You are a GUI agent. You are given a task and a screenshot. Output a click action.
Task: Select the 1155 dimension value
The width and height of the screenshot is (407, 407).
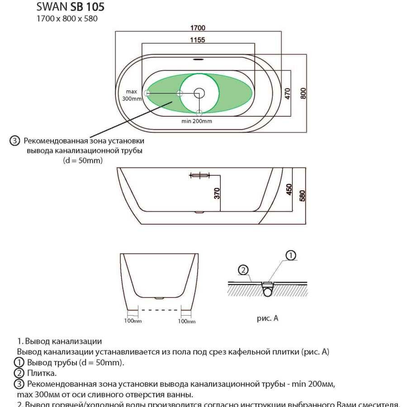(x=197, y=40)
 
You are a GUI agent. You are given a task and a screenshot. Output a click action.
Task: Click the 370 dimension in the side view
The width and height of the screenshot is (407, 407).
(x=217, y=193)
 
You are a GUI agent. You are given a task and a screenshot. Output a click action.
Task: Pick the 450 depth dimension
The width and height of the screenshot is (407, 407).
(x=289, y=189)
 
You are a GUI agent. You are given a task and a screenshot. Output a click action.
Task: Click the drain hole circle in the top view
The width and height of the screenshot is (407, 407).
(x=199, y=93)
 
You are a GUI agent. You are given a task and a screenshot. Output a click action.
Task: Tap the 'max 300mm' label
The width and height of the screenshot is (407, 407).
(x=132, y=95)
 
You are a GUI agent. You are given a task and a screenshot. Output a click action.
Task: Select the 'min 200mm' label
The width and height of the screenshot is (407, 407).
(x=197, y=121)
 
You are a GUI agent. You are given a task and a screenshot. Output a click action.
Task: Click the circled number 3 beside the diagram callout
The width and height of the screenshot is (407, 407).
(x=14, y=141)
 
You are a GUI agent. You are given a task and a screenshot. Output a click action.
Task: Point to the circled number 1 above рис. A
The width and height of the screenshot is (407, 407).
(x=291, y=256)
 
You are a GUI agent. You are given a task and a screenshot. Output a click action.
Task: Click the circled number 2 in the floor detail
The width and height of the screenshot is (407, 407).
(x=243, y=270)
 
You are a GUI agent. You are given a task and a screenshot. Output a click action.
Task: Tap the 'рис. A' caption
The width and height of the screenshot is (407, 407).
(x=268, y=318)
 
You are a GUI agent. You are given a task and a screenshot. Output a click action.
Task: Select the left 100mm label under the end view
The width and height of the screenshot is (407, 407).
(x=133, y=321)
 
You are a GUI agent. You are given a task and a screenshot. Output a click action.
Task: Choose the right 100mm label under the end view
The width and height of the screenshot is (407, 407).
(x=187, y=321)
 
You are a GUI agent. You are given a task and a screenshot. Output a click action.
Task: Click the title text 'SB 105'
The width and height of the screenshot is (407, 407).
(x=87, y=7)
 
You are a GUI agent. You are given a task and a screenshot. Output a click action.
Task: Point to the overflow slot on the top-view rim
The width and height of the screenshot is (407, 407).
(x=199, y=58)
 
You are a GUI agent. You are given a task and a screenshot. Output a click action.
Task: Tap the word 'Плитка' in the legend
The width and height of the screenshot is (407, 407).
(x=42, y=373)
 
